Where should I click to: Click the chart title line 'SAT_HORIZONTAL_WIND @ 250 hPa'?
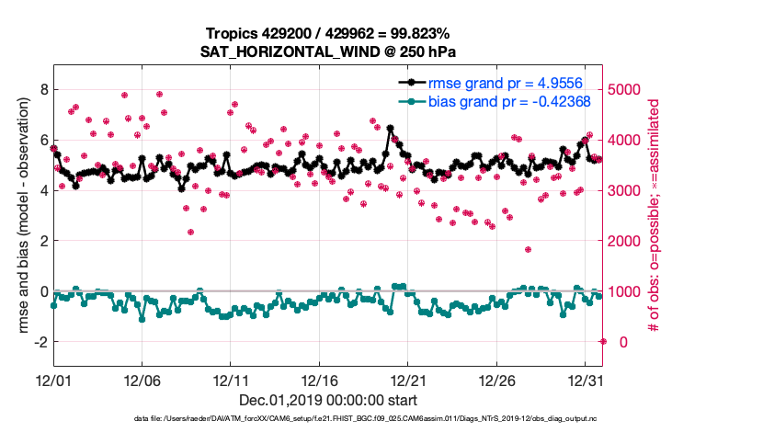(328, 51)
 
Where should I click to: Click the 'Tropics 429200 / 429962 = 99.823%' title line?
(328, 34)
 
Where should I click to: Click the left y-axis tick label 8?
(42, 89)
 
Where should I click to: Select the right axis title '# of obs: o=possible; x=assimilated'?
(654, 216)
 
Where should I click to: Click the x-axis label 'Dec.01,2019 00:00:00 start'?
(328, 400)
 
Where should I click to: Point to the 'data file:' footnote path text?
(328, 419)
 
